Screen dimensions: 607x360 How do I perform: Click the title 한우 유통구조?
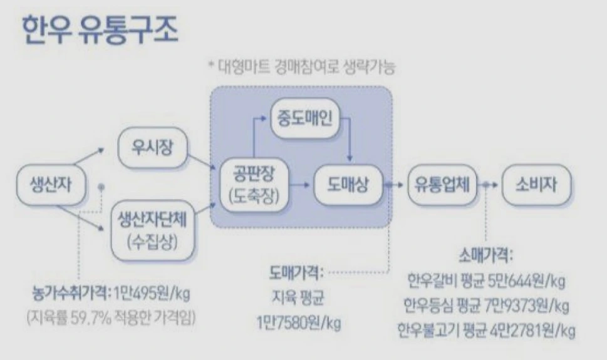(100, 29)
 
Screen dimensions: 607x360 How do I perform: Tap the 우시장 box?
(152, 148)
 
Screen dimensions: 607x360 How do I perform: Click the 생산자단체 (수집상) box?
(152, 230)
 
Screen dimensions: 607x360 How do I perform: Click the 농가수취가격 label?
(71, 292)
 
